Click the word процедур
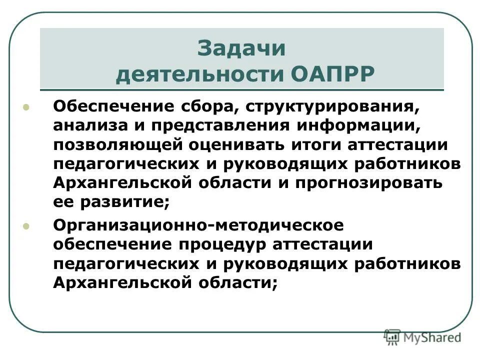(216, 245)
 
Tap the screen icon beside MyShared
(393, 337)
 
